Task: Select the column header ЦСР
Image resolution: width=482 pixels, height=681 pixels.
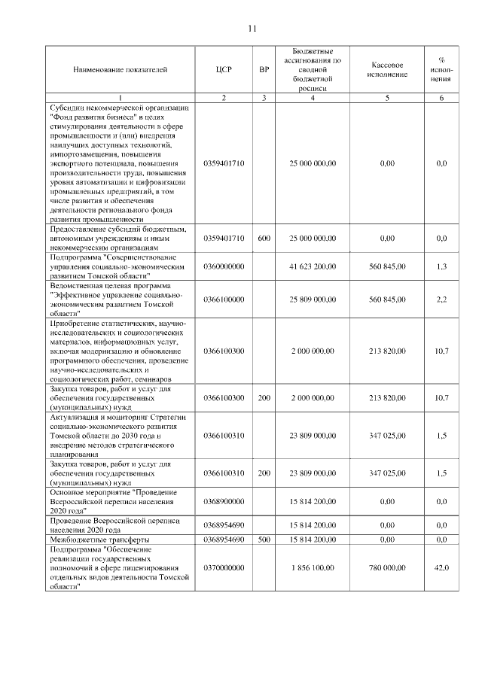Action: tap(224, 70)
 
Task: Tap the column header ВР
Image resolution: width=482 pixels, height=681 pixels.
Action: tap(264, 70)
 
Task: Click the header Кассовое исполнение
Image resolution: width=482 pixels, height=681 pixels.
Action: tap(388, 70)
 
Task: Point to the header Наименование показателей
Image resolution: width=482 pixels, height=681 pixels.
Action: tap(120, 70)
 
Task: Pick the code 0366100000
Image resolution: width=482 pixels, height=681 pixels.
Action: tap(224, 299)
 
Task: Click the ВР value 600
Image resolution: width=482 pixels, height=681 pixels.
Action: tap(264, 238)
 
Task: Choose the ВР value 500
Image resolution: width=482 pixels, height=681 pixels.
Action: tap(264, 540)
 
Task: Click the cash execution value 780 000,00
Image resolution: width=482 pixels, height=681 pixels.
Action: tap(388, 570)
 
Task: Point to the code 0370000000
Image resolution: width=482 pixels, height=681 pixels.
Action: tap(224, 570)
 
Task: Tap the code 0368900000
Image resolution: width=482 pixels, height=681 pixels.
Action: tap(224, 500)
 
